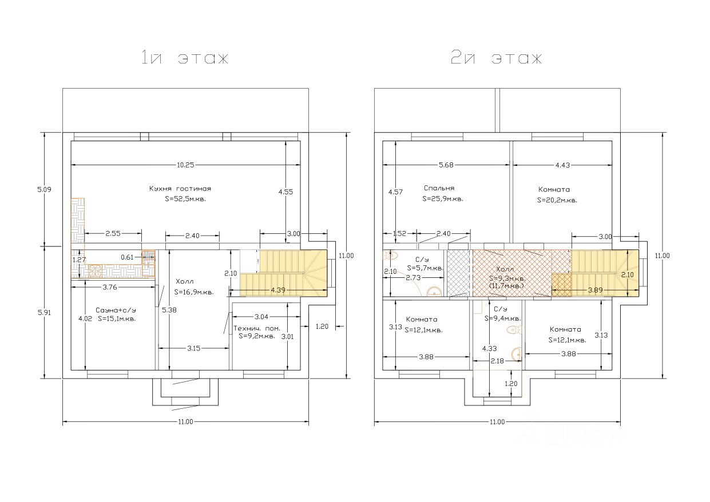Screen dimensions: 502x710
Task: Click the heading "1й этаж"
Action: point(185,58)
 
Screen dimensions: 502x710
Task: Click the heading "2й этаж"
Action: point(496,58)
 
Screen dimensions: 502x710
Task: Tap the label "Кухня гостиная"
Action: point(180,189)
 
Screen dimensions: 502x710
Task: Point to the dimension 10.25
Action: point(185,165)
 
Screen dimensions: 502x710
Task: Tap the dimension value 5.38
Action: point(165,310)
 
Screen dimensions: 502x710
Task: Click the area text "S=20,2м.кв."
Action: point(557,201)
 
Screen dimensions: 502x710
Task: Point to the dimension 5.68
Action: point(446,165)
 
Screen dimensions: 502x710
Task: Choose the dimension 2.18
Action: point(498,361)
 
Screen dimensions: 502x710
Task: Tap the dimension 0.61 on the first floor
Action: point(127,257)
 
